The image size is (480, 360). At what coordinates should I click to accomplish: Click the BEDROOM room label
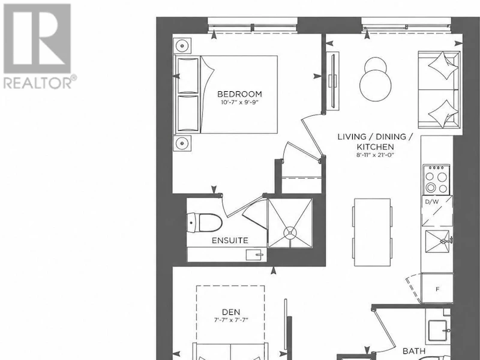[239, 94]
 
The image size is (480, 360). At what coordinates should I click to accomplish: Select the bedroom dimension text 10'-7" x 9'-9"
[239, 103]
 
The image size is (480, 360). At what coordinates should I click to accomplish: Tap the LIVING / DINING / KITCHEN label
[376, 142]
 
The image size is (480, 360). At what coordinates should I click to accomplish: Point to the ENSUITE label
[230, 241]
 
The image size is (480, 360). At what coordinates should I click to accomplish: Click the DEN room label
[231, 312]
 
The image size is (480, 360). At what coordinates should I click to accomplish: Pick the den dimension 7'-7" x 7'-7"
[231, 320]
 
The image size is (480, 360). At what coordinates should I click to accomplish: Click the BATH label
[413, 351]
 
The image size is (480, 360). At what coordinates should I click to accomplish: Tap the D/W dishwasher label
[432, 202]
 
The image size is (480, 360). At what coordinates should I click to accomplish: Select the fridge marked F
[437, 288]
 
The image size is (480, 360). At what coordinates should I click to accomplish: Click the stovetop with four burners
[437, 179]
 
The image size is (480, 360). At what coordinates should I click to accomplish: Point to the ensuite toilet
[204, 223]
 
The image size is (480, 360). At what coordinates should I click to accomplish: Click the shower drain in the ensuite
[290, 233]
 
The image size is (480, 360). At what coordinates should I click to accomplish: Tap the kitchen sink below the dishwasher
[437, 241]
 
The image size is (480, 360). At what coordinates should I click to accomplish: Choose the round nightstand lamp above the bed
[182, 46]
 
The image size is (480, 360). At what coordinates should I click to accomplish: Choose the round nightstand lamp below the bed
[182, 143]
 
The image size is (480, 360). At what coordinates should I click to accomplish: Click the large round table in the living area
[376, 85]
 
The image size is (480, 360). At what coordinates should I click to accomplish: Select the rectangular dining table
[372, 232]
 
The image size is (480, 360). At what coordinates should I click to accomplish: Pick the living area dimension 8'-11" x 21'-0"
[376, 155]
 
